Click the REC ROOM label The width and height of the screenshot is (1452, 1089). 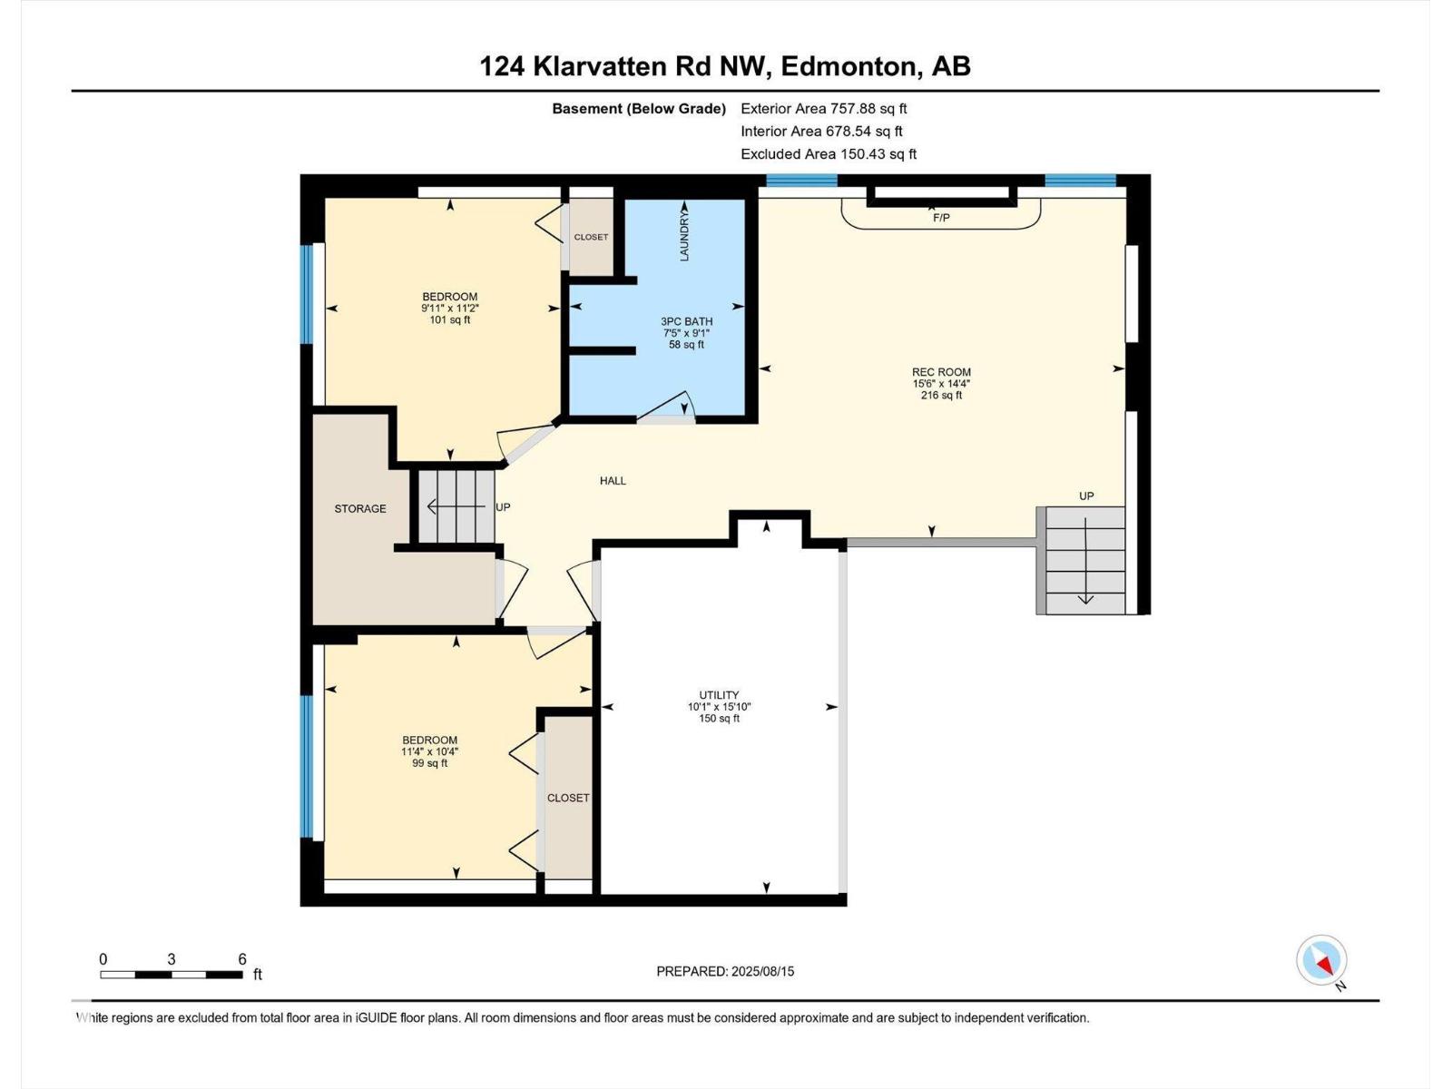coord(941,372)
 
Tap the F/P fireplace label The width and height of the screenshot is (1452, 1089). coord(941,218)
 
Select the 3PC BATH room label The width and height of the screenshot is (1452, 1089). coord(686,321)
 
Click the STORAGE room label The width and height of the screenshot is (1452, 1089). coord(360,508)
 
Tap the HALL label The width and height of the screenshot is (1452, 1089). coord(613,481)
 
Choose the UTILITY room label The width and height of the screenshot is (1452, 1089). coord(719,695)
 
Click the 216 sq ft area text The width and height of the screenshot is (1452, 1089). coord(941,396)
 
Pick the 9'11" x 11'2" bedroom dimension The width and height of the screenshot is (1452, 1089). coord(450,309)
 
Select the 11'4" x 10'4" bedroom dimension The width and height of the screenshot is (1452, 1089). coord(430,751)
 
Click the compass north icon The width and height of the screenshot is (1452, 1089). coord(1321,960)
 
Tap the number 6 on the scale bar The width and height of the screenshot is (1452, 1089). coord(242,959)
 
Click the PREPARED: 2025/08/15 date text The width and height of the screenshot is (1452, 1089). coord(725,971)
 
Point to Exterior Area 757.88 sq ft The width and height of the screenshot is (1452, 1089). coord(824,109)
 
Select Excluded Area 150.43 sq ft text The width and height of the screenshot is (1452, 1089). coord(829,154)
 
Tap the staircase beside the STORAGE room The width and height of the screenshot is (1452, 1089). coord(456,506)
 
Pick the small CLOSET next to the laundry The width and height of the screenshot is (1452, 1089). coord(591,237)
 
